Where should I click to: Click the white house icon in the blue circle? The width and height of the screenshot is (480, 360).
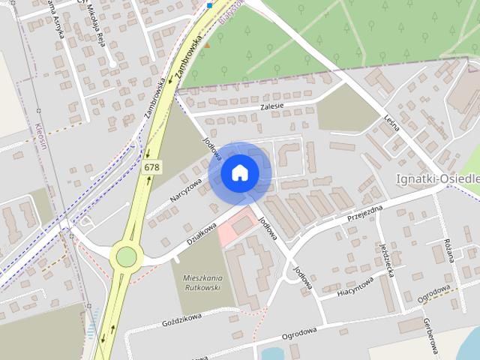point(239,172)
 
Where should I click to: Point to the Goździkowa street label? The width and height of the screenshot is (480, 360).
point(183,322)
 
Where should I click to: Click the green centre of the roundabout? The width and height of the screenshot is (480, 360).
point(126,257)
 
